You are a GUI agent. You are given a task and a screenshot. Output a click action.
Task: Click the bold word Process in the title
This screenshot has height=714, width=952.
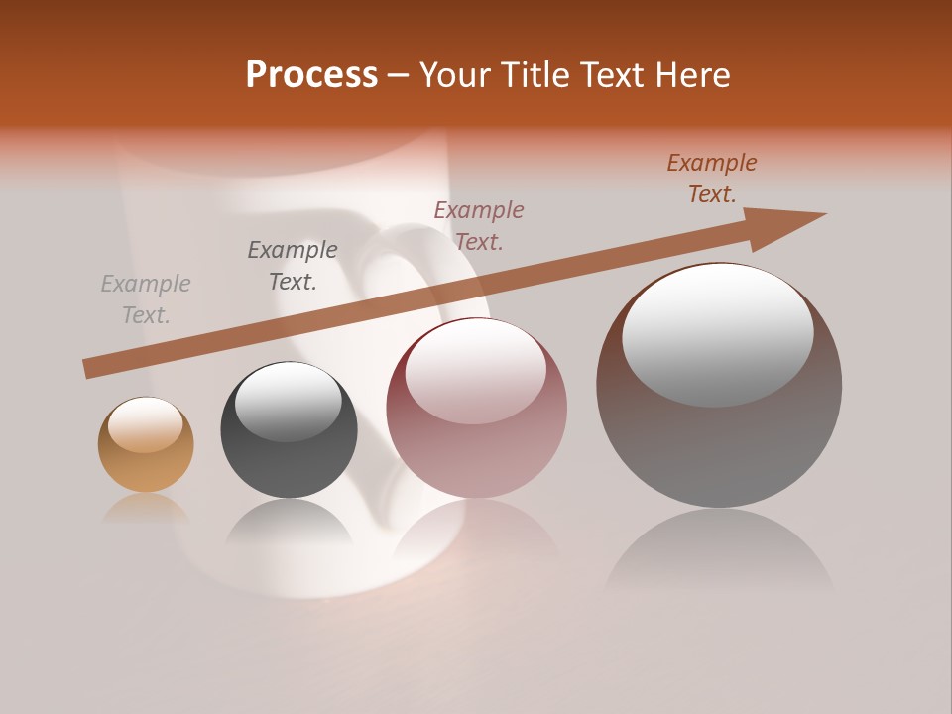(311, 75)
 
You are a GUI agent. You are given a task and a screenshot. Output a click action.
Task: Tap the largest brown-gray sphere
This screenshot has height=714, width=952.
(719, 436)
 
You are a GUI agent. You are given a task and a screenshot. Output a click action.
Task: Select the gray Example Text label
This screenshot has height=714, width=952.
(146, 299)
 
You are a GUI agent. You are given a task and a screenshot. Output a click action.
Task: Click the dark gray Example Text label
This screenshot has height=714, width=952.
(293, 266)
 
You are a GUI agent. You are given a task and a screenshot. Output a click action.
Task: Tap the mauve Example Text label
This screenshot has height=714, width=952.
(479, 225)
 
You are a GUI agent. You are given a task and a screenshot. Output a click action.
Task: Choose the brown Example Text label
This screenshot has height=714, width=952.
(712, 178)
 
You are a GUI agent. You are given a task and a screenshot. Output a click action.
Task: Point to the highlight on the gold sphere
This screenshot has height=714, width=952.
(145, 424)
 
